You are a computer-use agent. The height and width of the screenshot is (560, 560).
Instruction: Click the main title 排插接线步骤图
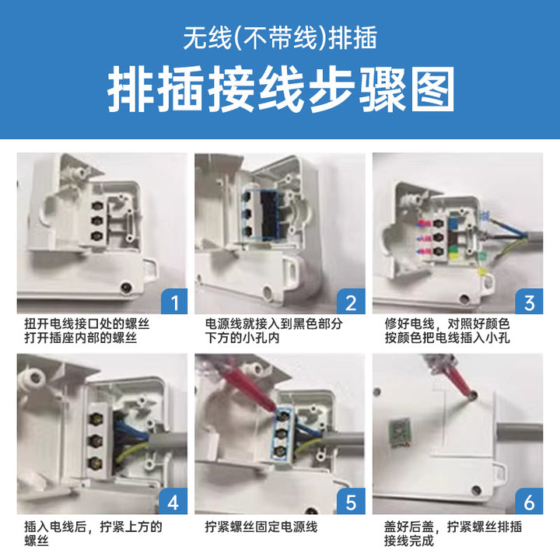pyautogui.click(x=281, y=89)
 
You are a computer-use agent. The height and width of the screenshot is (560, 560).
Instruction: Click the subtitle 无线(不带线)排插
pyautogui.click(x=280, y=38)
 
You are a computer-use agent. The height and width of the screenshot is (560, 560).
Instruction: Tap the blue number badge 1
pyautogui.click(x=174, y=302)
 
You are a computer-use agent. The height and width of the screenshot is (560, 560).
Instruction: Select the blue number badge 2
pyautogui.click(x=351, y=302)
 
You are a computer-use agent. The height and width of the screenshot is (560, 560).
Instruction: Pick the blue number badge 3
pyautogui.click(x=529, y=302)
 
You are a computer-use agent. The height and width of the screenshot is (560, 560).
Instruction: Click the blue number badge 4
pyautogui.click(x=173, y=502)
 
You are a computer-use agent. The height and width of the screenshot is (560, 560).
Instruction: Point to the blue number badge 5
pyautogui.click(x=351, y=502)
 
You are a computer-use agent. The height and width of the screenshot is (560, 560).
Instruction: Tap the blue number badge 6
pyautogui.click(x=529, y=502)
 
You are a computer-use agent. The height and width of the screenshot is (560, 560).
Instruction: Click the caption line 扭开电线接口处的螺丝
pyautogui.click(x=87, y=324)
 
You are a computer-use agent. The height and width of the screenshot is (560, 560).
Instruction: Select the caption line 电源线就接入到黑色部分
pyautogui.click(x=274, y=324)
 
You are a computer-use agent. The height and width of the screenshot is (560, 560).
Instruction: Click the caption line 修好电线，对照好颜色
pyautogui.click(x=446, y=324)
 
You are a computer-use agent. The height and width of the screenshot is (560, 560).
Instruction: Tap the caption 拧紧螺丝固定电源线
pyautogui.click(x=261, y=527)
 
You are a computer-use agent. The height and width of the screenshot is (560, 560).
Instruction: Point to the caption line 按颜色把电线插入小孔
pyautogui.click(x=446, y=338)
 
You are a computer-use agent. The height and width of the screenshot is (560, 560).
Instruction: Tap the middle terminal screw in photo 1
pyautogui.click(x=96, y=220)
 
